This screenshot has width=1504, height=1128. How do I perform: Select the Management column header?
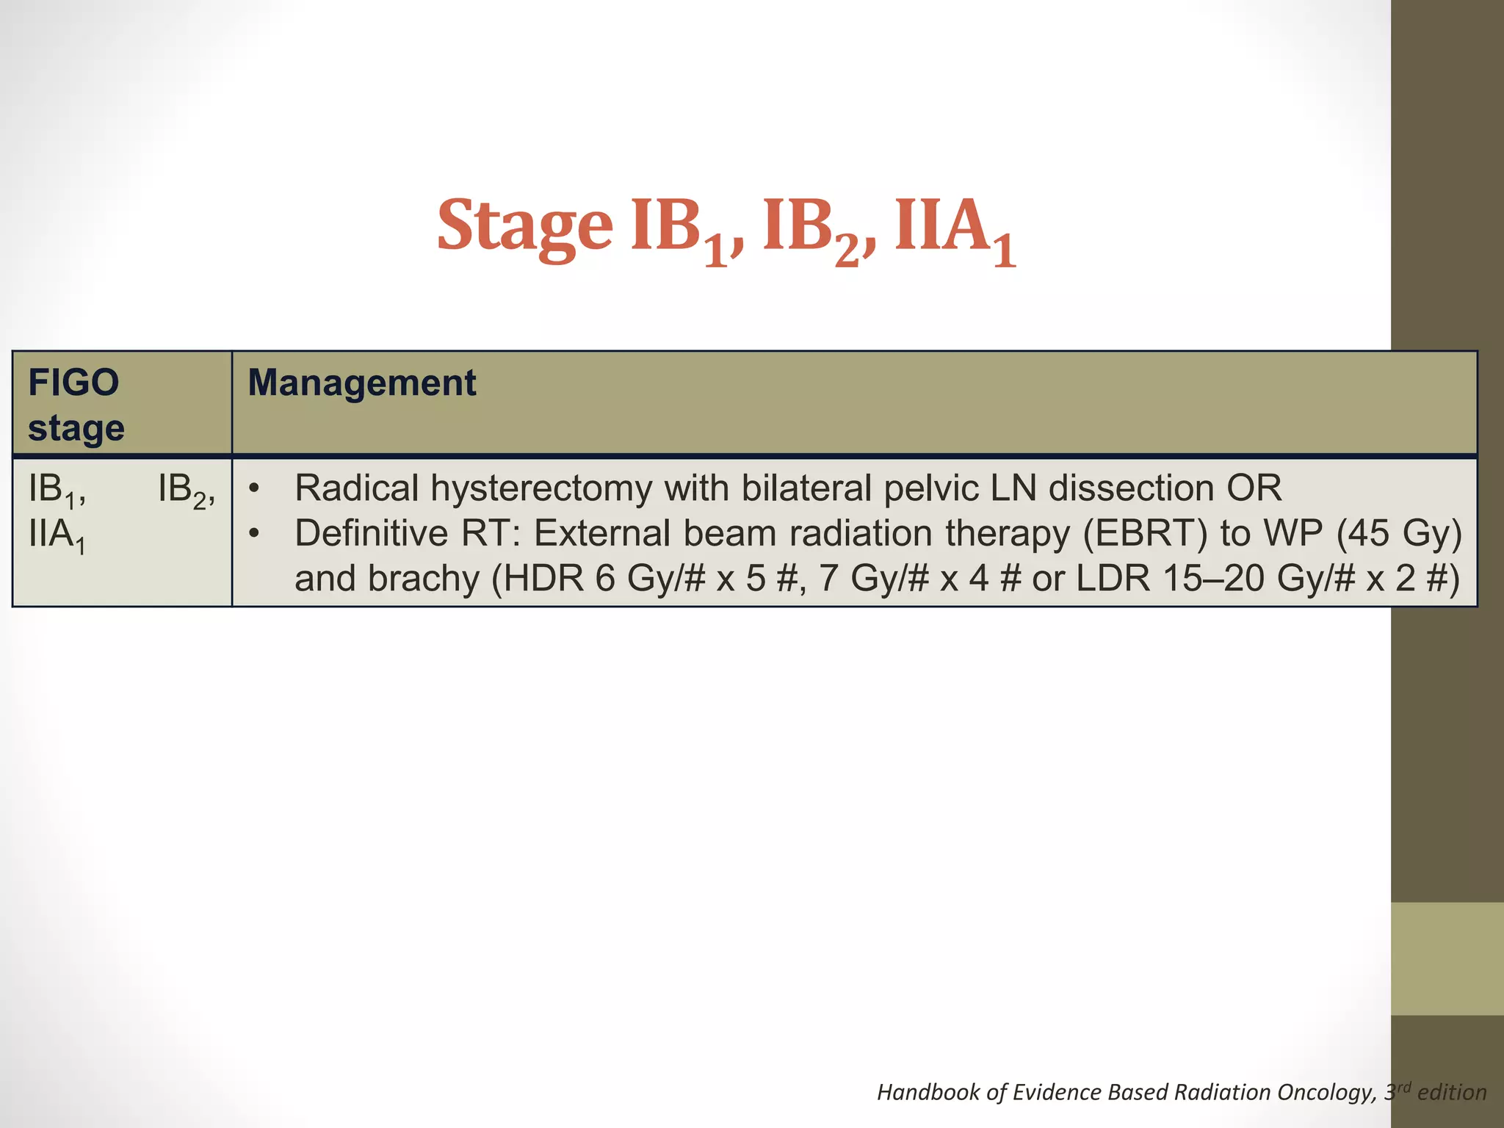(361, 383)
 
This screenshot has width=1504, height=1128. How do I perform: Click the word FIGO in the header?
(73, 383)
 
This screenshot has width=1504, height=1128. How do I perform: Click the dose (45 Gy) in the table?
(1399, 534)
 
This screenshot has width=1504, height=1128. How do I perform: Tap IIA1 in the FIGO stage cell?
(57, 536)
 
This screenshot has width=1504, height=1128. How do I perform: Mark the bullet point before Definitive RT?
(254, 534)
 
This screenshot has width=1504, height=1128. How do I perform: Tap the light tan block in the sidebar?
(1447, 958)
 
